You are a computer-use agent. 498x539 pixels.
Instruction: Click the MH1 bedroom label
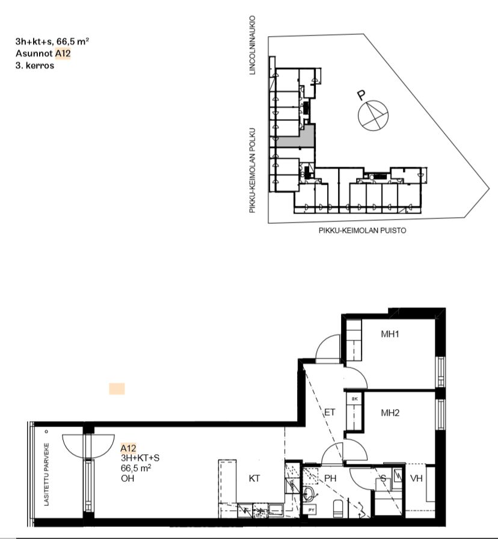(x=390, y=334)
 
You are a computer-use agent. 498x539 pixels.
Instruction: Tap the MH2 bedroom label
(x=390, y=413)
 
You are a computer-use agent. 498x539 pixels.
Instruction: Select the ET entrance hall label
(x=330, y=412)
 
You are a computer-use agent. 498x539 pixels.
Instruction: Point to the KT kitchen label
(x=254, y=478)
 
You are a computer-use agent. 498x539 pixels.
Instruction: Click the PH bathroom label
(x=330, y=478)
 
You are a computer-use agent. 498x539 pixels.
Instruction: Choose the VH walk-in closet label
(x=416, y=478)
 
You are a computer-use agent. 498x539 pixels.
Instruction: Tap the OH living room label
(x=128, y=478)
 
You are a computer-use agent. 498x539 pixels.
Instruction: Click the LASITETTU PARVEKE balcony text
(x=47, y=475)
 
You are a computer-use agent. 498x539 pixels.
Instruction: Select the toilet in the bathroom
(x=338, y=508)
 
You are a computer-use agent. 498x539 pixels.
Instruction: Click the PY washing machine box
(x=311, y=510)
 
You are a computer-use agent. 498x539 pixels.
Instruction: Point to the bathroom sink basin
(x=309, y=494)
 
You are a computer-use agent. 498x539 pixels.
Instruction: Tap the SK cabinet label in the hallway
(x=355, y=399)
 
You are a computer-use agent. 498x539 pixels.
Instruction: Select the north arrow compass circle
(x=373, y=116)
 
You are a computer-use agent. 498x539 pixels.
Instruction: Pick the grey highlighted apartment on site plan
(x=296, y=137)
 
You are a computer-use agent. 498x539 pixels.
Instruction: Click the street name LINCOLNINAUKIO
(x=253, y=45)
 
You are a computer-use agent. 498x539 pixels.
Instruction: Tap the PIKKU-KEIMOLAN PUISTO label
(x=362, y=230)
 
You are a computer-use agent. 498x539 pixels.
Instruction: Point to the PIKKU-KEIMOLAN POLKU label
(x=253, y=170)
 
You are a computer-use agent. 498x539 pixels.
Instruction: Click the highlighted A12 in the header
(x=63, y=54)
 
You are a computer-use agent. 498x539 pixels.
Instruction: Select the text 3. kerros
(x=35, y=66)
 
